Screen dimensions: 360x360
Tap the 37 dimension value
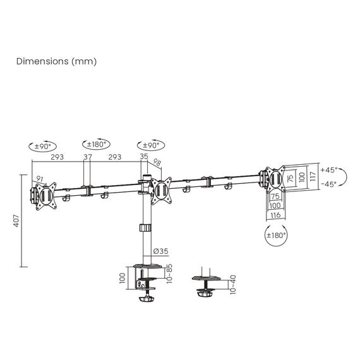pos(87,157)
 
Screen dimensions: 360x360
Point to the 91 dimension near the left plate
pos(40,178)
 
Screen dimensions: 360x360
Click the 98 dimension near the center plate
pos(157,164)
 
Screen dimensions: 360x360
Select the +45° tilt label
pos(328,171)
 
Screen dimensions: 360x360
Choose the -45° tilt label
pos(328,184)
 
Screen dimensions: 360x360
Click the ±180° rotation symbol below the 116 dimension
pos(276,235)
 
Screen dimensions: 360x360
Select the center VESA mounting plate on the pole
pos(160,189)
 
